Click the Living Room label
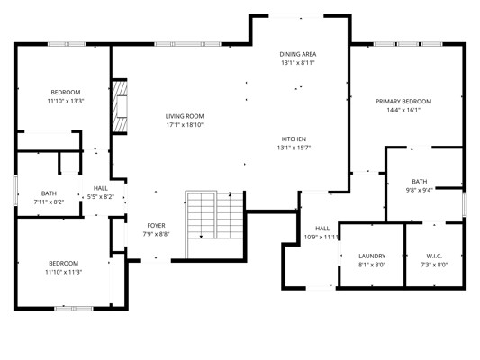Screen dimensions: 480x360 (185, 116)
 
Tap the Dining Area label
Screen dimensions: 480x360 (298, 54)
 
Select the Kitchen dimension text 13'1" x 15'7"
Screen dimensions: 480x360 (294, 148)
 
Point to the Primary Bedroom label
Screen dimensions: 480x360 (403, 101)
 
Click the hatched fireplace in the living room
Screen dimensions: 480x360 (120, 106)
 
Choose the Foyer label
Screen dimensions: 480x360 (156, 225)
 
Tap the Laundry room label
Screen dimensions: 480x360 (372, 256)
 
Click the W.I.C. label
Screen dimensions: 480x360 (434, 256)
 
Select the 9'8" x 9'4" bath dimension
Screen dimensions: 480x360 (420, 190)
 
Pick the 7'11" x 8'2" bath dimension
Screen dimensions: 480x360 (49, 202)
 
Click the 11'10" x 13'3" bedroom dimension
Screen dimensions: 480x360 (66, 101)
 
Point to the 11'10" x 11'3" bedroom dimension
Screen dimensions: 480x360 (64, 272)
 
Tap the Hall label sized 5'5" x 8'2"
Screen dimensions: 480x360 (100, 188)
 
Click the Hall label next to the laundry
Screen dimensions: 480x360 (322, 229)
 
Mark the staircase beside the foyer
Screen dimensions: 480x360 (214, 224)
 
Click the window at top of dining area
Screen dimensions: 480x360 (296, 16)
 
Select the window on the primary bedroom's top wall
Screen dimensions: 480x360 (408, 44)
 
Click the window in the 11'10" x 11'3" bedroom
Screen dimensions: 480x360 (74, 309)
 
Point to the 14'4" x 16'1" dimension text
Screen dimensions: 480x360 (403, 110)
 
